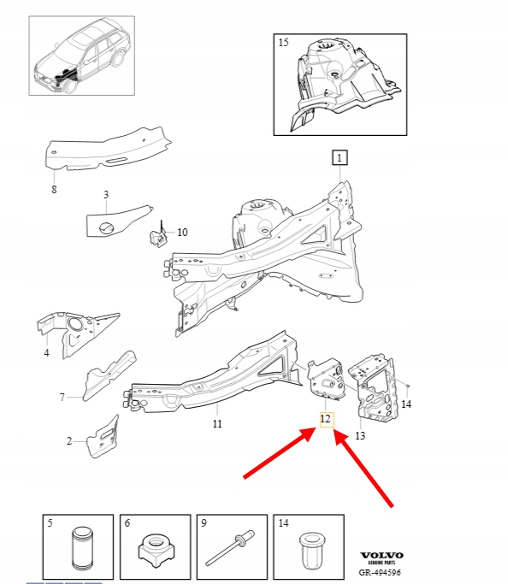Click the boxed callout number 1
(340, 157)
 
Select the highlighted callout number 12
(327, 419)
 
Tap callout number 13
(360, 435)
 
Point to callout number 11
(217, 423)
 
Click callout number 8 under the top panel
(54, 189)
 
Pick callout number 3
(106, 194)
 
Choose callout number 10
(182, 232)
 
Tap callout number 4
(46, 352)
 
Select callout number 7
(62, 397)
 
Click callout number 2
(69, 441)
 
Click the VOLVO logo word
(381, 555)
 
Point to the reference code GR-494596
(380, 572)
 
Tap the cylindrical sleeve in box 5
(82, 548)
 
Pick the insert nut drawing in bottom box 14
(310, 551)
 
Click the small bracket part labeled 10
(158, 237)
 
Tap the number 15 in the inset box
(283, 43)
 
